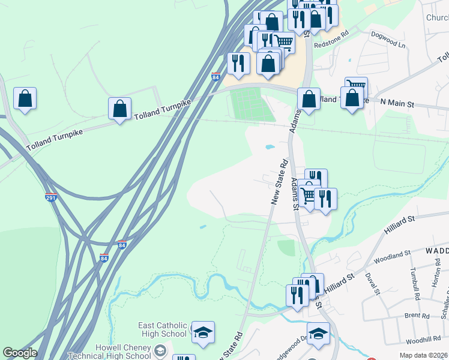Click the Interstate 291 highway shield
click(51, 197)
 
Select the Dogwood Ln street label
click(388, 40)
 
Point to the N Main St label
click(398, 103)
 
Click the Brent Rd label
click(417, 315)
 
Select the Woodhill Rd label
click(424, 340)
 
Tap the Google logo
click(20, 353)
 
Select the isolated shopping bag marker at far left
click(25, 99)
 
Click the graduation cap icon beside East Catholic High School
click(203, 332)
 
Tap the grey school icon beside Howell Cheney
click(160, 349)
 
